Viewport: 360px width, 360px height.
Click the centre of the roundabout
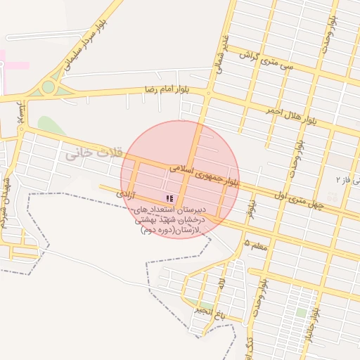tap(49, 87)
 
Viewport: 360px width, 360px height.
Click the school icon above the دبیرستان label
tap(169, 198)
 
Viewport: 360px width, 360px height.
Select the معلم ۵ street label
tap(257, 243)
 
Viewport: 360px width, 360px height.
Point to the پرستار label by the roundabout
tap(23, 112)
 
